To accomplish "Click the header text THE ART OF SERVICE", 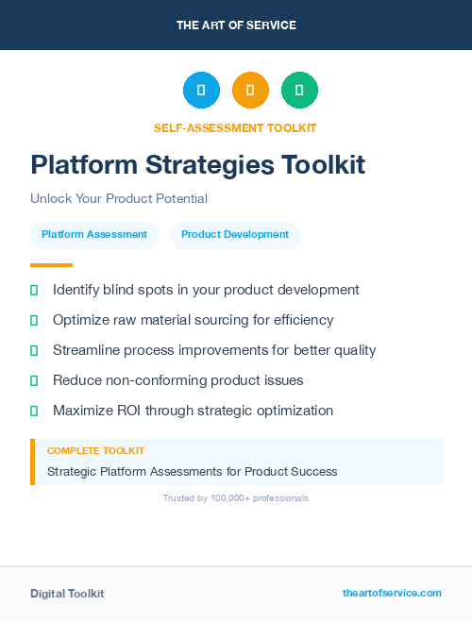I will tap(236, 25).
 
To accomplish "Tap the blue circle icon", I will tap(201, 91).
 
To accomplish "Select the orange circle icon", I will tap(250, 91).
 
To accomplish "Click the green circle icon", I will tap(299, 91).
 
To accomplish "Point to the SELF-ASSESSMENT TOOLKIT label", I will tap(235, 127).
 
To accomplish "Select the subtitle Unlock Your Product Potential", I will tap(119, 198).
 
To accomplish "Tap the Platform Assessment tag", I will tap(94, 235).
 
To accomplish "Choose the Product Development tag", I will tap(235, 235).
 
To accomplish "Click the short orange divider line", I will tap(51, 265).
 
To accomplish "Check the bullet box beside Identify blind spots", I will tap(34, 290).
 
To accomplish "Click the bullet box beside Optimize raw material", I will tap(34, 320).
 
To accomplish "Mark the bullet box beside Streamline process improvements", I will tap(34, 350).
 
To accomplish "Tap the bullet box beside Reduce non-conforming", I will tap(34, 380).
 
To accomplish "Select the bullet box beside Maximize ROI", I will tap(34, 411).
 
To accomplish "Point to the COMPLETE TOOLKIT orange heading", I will tap(95, 451).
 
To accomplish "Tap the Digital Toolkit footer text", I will tap(67, 594).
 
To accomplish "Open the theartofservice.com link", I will tap(392, 593).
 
